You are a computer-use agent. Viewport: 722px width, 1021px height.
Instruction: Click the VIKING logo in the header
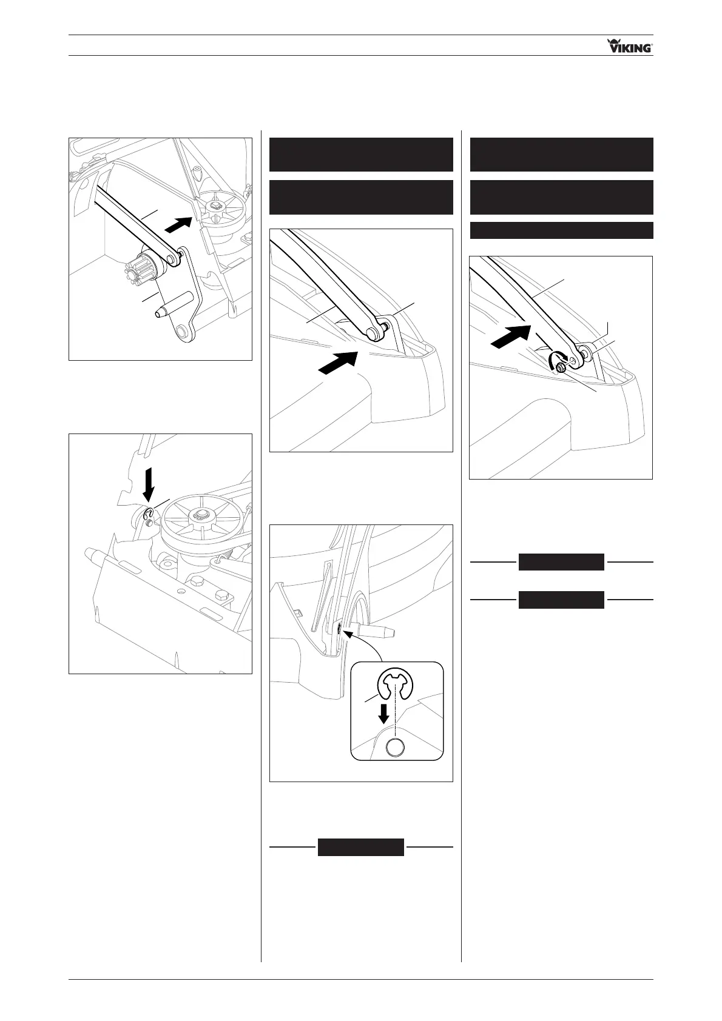pos(630,46)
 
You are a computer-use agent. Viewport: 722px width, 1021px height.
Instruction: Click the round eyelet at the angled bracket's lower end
pos(182,332)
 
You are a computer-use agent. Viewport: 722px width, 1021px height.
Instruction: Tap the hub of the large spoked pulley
pos(198,515)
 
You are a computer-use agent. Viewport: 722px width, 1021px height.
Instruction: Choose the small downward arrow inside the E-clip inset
pos(383,714)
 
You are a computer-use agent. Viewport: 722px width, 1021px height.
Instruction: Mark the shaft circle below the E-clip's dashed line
pos(395,748)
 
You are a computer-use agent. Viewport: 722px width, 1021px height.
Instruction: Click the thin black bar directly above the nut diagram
pos(561,230)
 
